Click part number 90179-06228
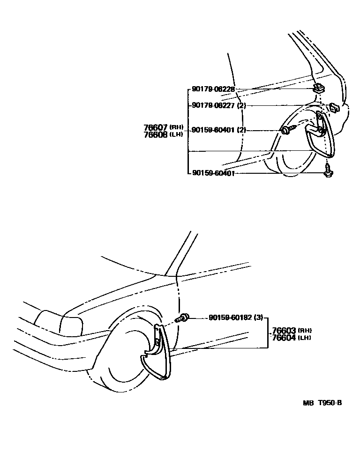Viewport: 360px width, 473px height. pyautogui.click(x=213, y=89)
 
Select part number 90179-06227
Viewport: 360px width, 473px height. pyautogui.click(x=213, y=106)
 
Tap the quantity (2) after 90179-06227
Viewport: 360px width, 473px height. pyautogui.click(x=241, y=106)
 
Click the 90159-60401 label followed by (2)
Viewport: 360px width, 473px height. pyautogui.click(x=213, y=130)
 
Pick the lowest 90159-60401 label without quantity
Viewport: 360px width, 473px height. pyautogui.click(x=213, y=173)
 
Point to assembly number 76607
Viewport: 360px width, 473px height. pyautogui.click(x=156, y=127)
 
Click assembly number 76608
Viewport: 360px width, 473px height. pyautogui.click(x=156, y=134)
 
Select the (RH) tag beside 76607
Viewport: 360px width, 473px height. pyautogui.click(x=176, y=127)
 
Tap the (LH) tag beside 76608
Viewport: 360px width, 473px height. pyautogui.click(x=176, y=134)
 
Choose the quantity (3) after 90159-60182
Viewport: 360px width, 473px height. pyautogui.click(x=258, y=318)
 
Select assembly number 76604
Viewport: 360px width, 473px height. pyautogui.click(x=284, y=337)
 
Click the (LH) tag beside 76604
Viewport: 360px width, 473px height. pyautogui.click(x=305, y=338)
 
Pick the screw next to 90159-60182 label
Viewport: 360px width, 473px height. pyautogui.click(x=183, y=318)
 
